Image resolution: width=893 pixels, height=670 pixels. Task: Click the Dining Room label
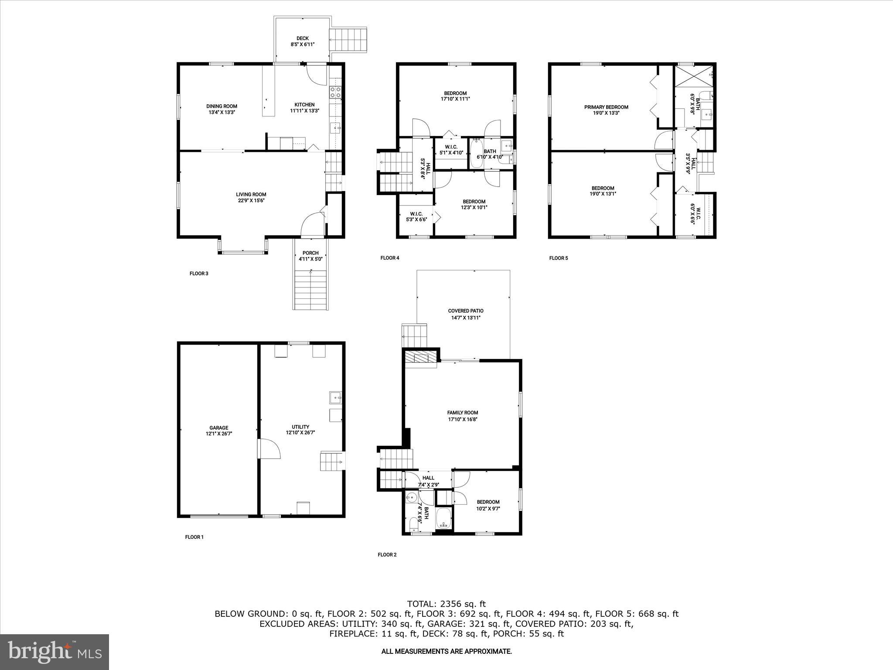pyautogui.click(x=222, y=106)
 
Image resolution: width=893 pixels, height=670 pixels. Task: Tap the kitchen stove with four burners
pyautogui.click(x=335, y=92)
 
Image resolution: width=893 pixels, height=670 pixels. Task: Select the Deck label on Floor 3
pyautogui.click(x=302, y=38)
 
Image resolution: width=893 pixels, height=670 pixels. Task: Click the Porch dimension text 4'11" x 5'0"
pyautogui.click(x=310, y=259)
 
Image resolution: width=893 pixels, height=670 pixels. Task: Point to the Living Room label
pyautogui.click(x=251, y=195)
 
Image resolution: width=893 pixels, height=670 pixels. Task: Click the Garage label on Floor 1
pyautogui.click(x=218, y=428)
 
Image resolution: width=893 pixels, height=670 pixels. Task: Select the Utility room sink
pyautogui.click(x=335, y=398)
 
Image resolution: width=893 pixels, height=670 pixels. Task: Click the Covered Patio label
pyautogui.click(x=466, y=311)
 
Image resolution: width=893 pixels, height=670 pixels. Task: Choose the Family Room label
pyautogui.click(x=463, y=413)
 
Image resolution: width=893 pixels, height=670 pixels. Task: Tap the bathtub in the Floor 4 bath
pyautogui.click(x=476, y=154)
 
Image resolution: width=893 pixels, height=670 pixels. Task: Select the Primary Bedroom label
pyautogui.click(x=606, y=107)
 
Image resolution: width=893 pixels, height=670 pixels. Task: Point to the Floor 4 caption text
pyautogui.click(x=389, y=258)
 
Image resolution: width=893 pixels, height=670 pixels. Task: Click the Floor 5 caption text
pyautogui.click(x=558, y=258)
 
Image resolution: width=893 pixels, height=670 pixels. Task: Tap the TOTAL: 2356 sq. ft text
pyautogui.click(x=446, y=604)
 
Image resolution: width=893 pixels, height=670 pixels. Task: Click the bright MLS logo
pyautogui.click(x=55, y=652)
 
